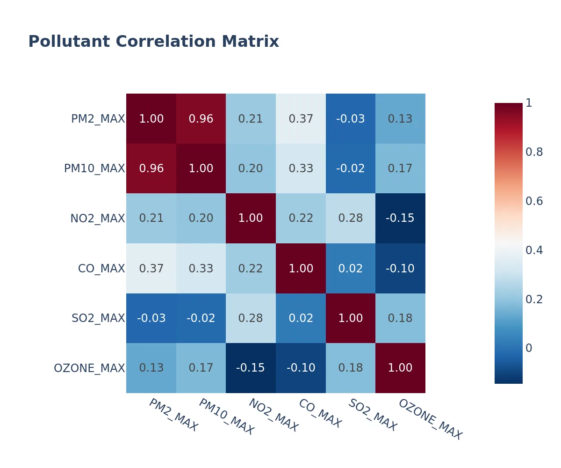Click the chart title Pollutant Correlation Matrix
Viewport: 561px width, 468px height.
[153, 42]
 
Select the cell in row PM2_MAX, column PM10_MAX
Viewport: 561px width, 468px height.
[201, 119]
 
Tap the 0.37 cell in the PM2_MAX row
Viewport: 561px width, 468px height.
[301, 119]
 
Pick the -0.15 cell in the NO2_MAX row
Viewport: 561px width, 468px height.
[400, 219]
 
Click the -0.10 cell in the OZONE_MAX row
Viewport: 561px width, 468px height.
[301, 368]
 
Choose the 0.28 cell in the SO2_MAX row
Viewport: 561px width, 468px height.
[251, 318]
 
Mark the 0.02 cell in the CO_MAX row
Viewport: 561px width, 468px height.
[351, 269]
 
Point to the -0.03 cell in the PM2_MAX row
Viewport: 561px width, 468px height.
[351, 119]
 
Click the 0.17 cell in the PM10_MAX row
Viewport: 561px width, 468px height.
[400, 168]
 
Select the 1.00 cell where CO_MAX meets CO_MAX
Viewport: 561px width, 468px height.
[301, 269]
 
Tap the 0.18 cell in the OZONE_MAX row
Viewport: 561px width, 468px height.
[351, 368]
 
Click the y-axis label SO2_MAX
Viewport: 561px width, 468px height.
[98, 318]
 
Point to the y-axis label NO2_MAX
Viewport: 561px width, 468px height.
[98, 219]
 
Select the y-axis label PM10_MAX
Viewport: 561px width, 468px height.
[94, 168]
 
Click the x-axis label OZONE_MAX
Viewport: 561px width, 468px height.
[430, 419]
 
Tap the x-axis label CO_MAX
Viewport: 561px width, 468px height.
[320, 413]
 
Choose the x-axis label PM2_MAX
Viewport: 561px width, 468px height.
[173, 415]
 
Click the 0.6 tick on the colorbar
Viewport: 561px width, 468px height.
[534, 201]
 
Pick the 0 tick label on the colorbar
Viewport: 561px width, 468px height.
[529, 348]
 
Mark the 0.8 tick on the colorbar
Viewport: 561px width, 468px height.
[534, 152]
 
